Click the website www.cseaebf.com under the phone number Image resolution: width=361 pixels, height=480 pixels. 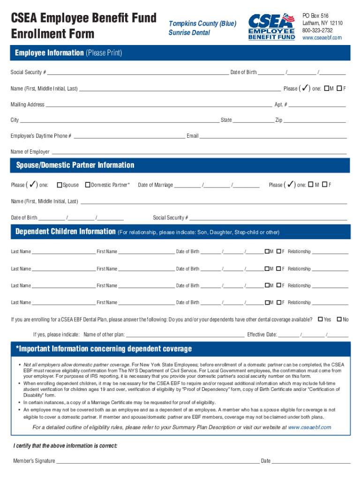pos(322,37)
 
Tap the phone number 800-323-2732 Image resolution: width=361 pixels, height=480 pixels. pos(318,30)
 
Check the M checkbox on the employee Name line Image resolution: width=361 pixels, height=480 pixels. pos(326,89)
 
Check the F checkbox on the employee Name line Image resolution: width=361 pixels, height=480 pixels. pos(339,89)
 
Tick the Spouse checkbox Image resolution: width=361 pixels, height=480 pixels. pos(60,185)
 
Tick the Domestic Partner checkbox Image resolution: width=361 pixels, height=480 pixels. pos(87,185)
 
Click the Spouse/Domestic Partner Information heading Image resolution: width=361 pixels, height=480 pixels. pos(75,165)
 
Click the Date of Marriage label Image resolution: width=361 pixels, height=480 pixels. pos(155,185)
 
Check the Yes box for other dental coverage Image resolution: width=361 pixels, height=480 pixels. pos(321,320)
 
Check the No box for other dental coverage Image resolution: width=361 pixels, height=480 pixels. pos(339,320)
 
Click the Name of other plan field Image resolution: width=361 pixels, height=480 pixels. pos(185,335)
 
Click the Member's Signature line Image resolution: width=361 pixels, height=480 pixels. pos(157,460)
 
